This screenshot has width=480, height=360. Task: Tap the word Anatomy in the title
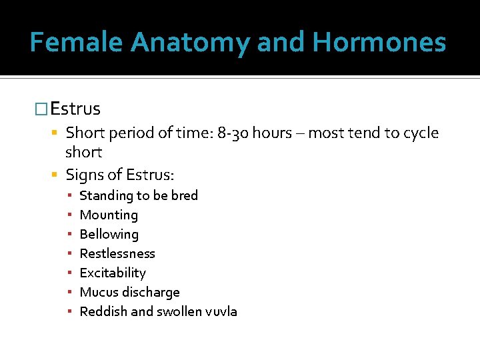[191, 43]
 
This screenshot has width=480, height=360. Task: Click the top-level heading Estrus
[75, 109]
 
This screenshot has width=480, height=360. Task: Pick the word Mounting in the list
[109, 215]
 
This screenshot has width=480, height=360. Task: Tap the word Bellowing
[109, 234]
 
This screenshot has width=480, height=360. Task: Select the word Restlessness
[117, 253]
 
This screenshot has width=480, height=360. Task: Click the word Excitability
[112, 273]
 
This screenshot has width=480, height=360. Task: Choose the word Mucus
[97, 292]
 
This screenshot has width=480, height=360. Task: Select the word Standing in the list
[105, 195]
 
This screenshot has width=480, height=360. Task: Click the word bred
[184, 195]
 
